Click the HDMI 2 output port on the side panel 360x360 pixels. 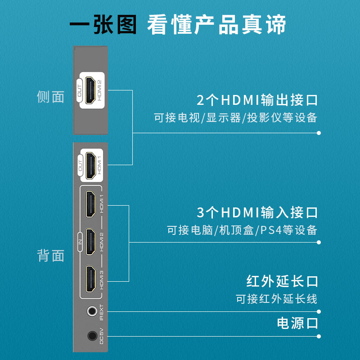tap(90, 90)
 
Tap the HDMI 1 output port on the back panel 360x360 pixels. tap(91, 166)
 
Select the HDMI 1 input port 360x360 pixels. tap(90, 204)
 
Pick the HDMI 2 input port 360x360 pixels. tap(90, 242)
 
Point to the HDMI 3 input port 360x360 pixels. tap(91, 279)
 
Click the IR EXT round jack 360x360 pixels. tap(92, 311)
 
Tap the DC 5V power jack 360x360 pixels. tap(92, 336)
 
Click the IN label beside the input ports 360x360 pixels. tap(80, 242)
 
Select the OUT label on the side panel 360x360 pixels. tap(79, 90)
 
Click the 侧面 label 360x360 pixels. tap(50, 97)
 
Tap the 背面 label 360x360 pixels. tap(50, 255)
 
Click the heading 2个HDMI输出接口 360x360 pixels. tap(257, 100)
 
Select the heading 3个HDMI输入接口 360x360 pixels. tap(257, 212)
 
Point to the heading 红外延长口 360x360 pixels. tap(282, 281)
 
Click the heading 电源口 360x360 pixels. tap(297, 323)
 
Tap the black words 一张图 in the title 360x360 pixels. tap(103, 24)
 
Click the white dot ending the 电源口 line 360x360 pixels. tap(319, 336)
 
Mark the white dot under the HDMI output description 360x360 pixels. tap(319, 133)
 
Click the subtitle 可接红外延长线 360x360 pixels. tap(277, 299)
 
